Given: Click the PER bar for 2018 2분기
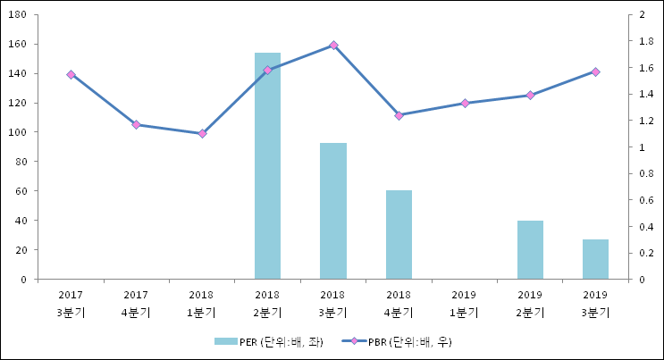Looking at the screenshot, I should [267, 165].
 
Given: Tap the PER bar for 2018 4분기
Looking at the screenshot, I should [399, 234].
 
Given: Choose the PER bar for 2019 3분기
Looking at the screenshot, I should [595, 259].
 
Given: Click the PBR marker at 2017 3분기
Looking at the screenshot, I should [71, 74].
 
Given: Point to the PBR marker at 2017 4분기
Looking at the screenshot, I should [136, 124].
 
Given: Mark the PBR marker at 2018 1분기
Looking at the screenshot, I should [202, 134].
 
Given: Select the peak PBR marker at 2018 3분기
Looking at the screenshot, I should [333, 45].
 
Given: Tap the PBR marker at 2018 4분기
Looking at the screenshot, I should [399, 115].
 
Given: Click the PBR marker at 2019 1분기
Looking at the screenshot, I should [465, 103].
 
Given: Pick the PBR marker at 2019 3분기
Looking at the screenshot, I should [595, 71].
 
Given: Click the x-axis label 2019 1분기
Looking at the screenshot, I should [464, 304].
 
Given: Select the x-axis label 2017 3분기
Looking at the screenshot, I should [71, 304].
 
